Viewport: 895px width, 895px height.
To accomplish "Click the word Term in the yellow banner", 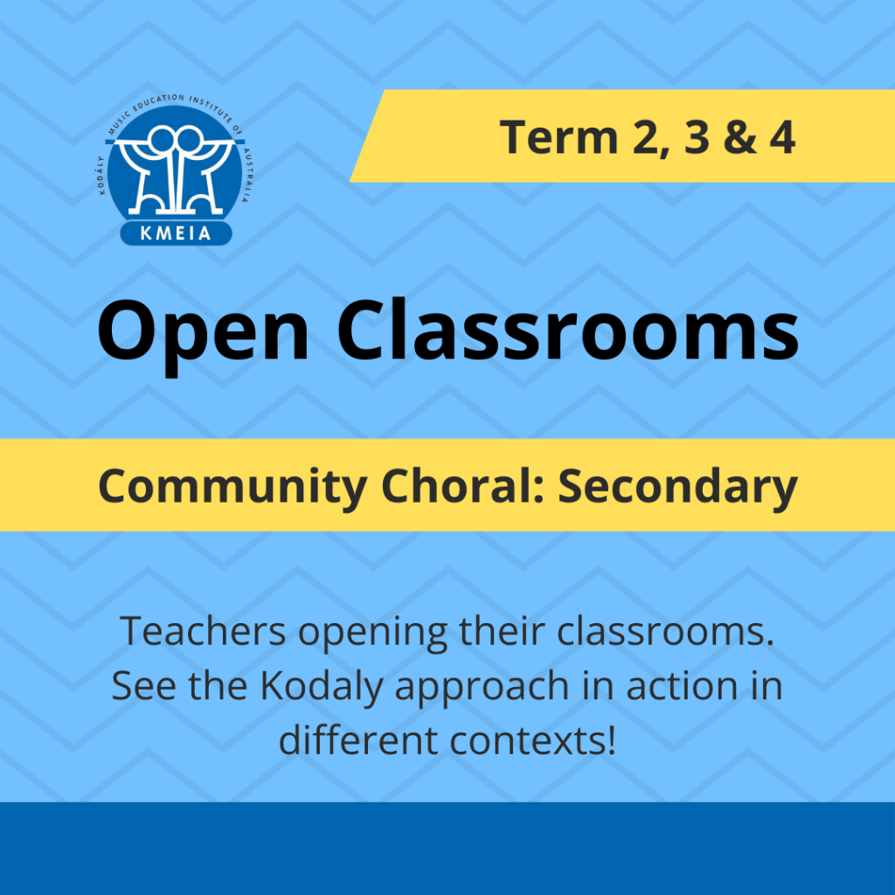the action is (x=559, y=137).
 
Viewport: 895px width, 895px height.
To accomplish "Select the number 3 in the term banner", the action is (x=697, y=137).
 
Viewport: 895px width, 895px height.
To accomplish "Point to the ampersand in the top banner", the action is (x=739, y=137).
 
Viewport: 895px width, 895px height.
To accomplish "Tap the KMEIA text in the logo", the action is (x=176, y=232).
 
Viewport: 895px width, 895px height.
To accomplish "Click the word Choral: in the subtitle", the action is (x=463, y=485).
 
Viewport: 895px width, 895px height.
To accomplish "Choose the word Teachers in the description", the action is (x=203, y=631).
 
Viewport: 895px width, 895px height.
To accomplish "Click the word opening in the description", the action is (x=372, y=635).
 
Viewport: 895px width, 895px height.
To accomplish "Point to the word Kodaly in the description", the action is (x=322, y=687).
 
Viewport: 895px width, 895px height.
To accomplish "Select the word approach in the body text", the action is (x=482, y=690).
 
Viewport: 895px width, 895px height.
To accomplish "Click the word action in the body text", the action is (x=682, y=686).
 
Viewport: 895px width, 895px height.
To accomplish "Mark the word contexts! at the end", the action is (x=532, y=741).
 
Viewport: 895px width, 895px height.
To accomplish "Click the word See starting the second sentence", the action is (x=144, y=686).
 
